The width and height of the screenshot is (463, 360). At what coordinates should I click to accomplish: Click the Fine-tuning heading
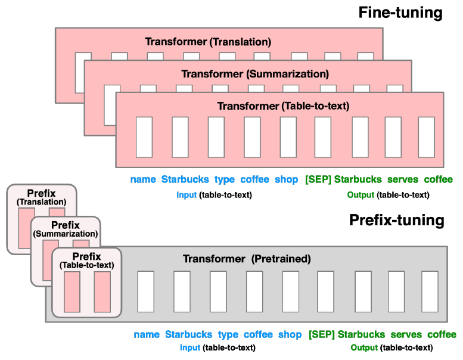(400, 13)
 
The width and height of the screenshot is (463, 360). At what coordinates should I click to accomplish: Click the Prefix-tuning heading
(396, 221)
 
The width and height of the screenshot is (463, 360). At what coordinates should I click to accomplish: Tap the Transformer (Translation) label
(208, 42)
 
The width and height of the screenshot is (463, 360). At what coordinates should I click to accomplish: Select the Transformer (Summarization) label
(254, 74)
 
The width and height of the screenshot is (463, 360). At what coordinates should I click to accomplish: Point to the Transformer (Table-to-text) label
(282, 106)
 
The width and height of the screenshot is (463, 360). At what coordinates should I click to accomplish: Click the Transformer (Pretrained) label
(247, 259)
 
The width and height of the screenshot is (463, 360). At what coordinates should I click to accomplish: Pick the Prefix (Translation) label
(41, 197)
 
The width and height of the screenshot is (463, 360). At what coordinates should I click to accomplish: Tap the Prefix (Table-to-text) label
(86, 260)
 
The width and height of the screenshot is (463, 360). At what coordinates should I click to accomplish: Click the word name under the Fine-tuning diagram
(143, 179)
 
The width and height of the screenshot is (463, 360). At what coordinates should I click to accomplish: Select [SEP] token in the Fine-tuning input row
(318, 179)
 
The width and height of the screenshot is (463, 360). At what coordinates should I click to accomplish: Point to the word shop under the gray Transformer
(290, 334)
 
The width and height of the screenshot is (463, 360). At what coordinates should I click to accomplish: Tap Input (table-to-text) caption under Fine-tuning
(214, 195)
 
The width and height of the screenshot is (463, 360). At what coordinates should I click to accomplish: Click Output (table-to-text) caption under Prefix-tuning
(391, 347)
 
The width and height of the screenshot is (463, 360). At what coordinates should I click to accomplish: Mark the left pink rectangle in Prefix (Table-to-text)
(72, 291)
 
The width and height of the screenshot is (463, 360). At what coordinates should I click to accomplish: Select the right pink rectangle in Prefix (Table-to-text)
(102, 291)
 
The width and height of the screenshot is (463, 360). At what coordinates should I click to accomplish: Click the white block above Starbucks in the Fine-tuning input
(180, 137)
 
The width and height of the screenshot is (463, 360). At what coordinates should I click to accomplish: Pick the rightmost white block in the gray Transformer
(430, 291)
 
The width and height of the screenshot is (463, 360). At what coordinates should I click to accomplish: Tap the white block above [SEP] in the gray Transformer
(325, 291)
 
